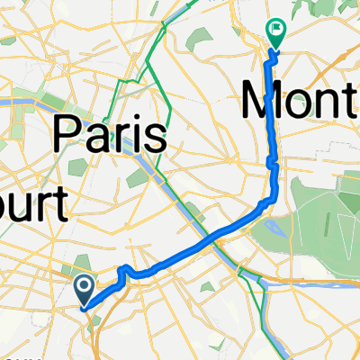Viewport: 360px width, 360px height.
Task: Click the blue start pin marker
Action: tap(83, 291)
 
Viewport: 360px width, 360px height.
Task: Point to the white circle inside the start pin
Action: tap(83, 286)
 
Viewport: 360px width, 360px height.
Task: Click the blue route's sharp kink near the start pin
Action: tap(122, 270)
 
